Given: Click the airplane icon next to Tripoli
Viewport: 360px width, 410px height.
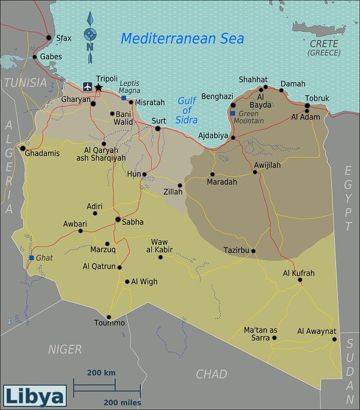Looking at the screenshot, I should click(88, 87).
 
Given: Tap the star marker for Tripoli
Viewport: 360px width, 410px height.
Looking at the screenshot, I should click(99, 88).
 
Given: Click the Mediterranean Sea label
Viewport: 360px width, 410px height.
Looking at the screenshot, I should click(182, 38).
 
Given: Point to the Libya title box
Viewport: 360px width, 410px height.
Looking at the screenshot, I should click(34, 396).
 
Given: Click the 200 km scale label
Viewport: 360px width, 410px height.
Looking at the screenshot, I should click(101, 373).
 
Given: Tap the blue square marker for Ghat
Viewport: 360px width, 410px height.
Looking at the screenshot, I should click(31, 258).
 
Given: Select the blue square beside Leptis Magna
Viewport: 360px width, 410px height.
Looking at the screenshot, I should click(124, 98).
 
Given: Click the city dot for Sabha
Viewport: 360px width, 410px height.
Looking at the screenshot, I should click(118, 219).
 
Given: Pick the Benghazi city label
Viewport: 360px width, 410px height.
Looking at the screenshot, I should click(217, 96).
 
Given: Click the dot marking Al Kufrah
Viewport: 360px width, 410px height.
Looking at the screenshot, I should click(299, 280).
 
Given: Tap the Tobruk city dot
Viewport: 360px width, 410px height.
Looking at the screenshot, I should click(307, 106).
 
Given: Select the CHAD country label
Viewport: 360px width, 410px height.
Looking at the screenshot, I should click(212, 374).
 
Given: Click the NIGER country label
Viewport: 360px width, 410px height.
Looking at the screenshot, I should click(65, 349).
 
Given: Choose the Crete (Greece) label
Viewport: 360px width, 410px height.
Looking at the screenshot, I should click(324, 48).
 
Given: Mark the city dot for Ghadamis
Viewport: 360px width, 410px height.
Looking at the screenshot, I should click(23, 148).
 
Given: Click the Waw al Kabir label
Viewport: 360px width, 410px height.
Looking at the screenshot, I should click(162, 246).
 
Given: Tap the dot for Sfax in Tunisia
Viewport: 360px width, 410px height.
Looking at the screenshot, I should click(49, 38).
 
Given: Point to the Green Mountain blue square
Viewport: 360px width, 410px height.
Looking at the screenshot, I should click(233, 113).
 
